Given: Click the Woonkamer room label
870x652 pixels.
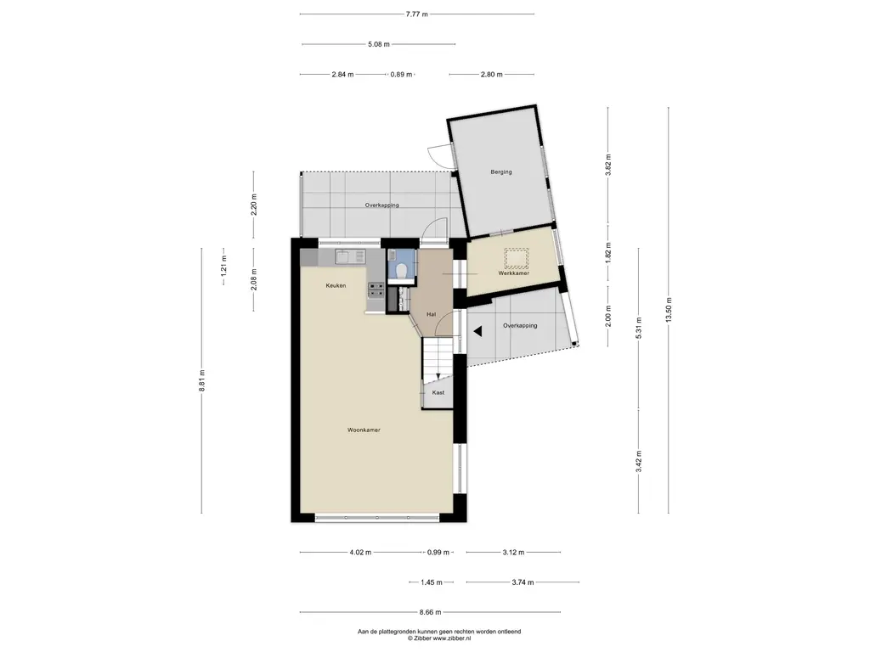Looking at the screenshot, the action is [x=364, y=430].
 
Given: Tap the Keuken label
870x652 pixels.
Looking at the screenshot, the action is [x=336, y=285].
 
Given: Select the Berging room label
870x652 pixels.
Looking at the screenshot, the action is [x=501, y=171].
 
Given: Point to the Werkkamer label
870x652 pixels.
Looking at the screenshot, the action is [x=513, y=273].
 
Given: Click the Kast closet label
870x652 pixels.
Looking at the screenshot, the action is [x=438, y=392].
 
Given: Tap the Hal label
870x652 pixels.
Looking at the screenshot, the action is [x=431, y=314].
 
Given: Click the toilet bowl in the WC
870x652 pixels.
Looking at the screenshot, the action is [x=402, y=269].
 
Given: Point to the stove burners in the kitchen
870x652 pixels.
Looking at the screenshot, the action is [x=376, y=290].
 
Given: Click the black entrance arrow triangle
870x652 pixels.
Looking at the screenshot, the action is [x=477, y=332].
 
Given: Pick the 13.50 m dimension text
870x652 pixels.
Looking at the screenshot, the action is [x=669, y=309].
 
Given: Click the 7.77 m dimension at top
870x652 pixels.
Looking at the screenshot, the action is [x=416, y=14].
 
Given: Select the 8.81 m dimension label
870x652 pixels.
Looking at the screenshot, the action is [x=202, y=381].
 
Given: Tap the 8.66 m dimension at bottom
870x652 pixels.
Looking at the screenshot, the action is [x=430, y=612].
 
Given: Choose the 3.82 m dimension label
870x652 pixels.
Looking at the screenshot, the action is [x=608, y=165].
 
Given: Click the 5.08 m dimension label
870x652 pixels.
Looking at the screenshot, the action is [x=378, y=44].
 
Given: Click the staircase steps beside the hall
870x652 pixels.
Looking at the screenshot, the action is [x=438, y=358].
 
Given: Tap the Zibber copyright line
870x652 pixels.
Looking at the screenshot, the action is [x=439, y=638].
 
